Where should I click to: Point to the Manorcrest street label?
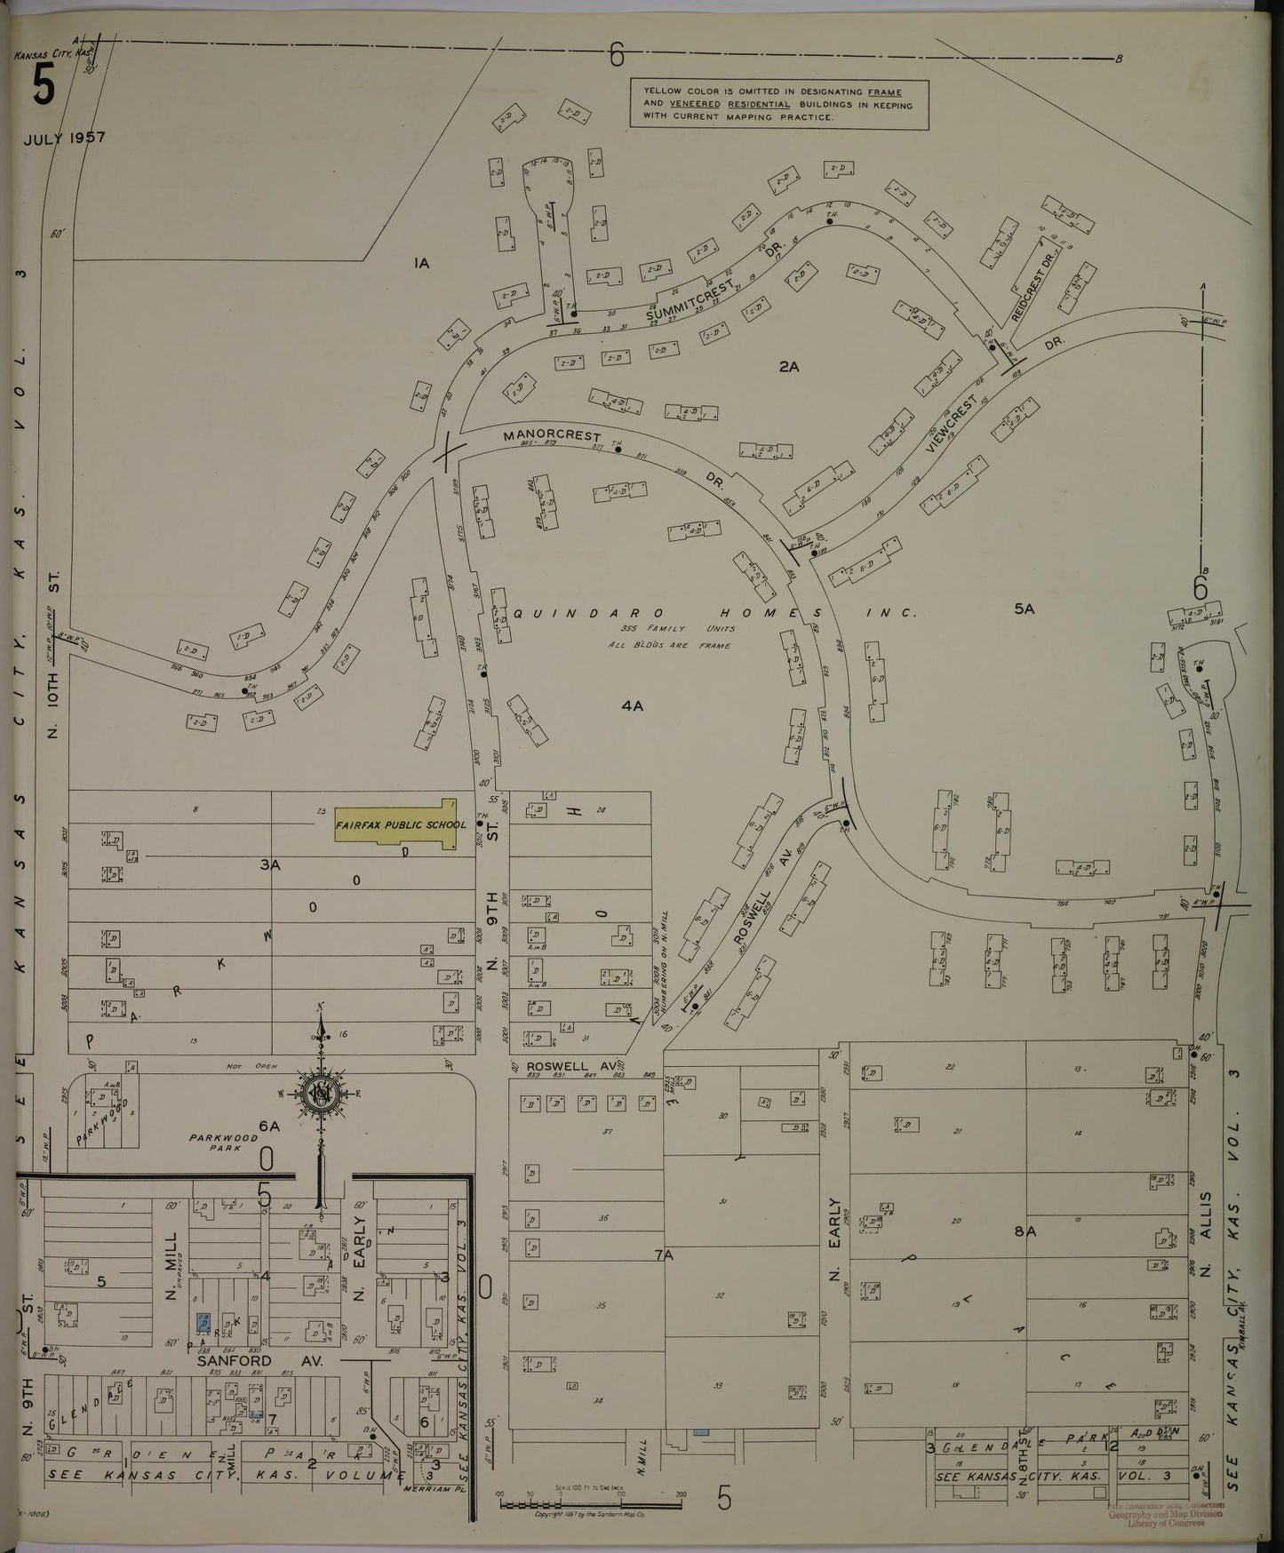point(551,437)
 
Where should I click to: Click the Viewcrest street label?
point(952,426)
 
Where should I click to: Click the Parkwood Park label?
point(222,1143)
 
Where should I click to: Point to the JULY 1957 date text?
point(64,139)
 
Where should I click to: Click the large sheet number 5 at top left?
point(43,88)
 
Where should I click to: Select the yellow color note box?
point(778,104)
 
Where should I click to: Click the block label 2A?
point(789,365)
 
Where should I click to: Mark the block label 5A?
point(1024,609)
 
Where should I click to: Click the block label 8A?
point(1025,1231)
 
